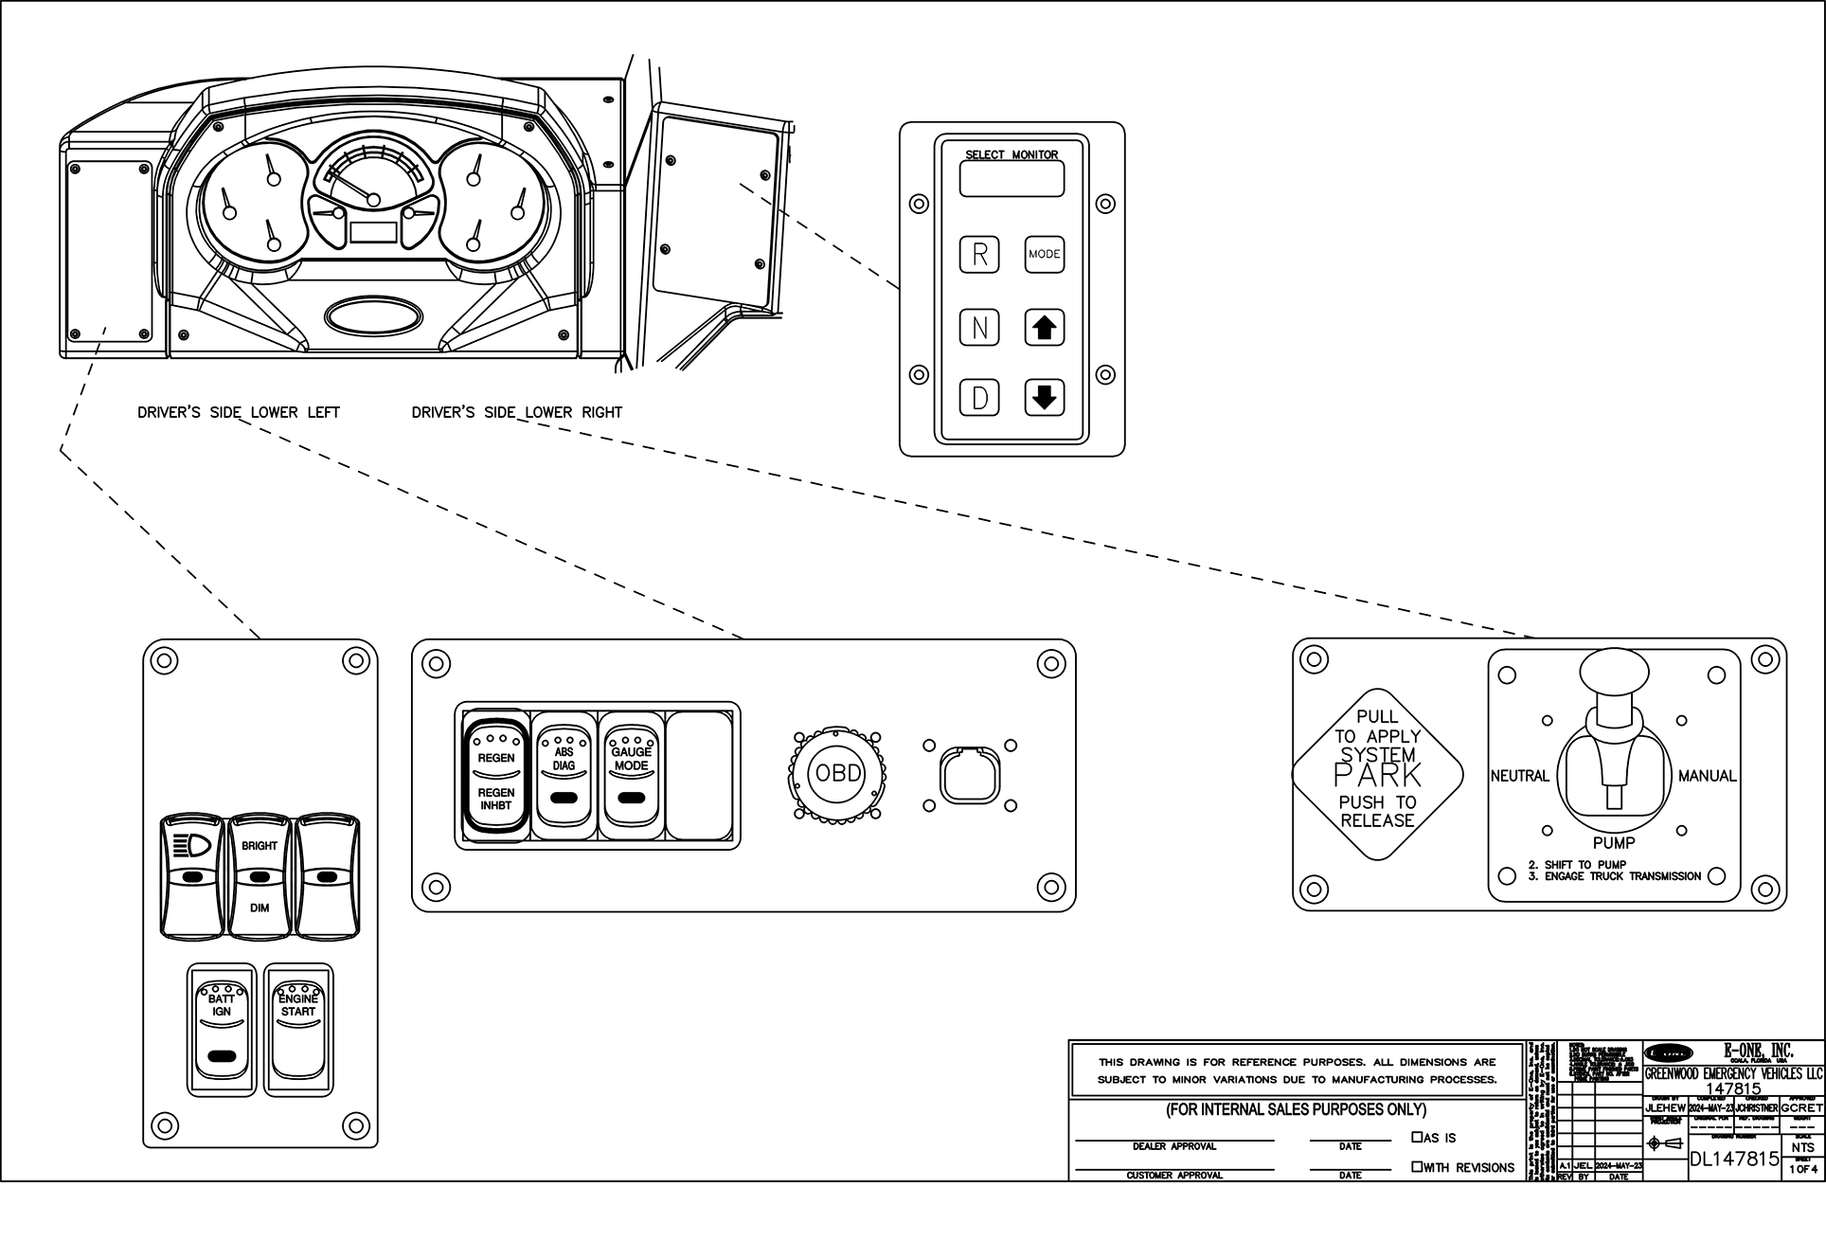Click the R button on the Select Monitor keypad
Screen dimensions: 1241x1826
click(980, 254)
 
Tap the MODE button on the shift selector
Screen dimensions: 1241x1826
click(1044, 254)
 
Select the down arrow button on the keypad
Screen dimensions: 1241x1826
click(1044, 397)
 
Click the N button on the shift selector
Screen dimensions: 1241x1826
click(980, 328)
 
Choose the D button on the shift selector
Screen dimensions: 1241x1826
click(980, 397)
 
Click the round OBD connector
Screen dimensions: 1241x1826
click(838, 774)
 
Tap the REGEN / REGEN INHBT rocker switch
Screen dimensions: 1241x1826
click(495, 777)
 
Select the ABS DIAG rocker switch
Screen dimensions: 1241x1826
click(564, 775)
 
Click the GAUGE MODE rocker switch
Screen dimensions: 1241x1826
click(631, 775)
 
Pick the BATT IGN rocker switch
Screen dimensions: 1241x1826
click(222, 1029)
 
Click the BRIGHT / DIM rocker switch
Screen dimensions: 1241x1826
click(260, 876)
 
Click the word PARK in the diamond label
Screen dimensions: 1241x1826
click(1377, 776)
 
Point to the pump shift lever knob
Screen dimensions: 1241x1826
click(1614, 674)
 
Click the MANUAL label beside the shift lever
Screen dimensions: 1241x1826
click(1707, 776)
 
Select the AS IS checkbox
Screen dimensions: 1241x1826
click(1417, 1137)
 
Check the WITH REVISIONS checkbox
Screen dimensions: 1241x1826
click(1417, 1167)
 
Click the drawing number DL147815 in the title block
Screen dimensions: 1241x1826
click(1734, 1159)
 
